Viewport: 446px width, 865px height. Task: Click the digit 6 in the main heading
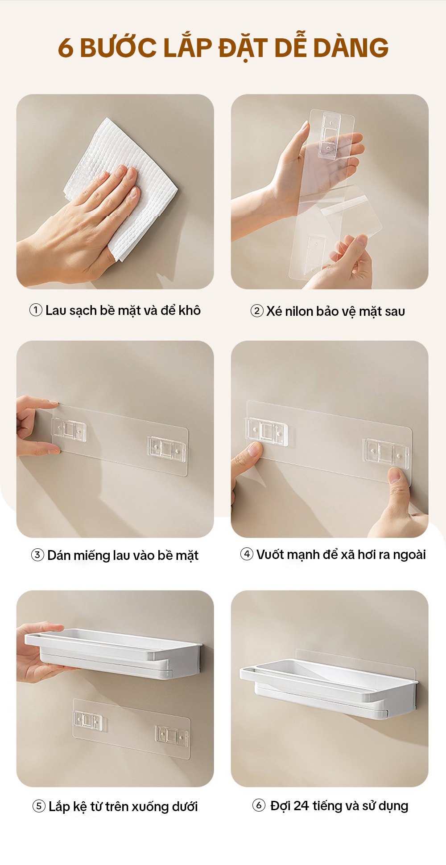click(x=66, y=48)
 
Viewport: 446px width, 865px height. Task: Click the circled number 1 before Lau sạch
click(x=36, y=310)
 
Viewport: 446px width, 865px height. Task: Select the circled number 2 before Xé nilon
click(x=257, y=311)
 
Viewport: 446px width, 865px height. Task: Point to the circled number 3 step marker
click(x=37, y=555)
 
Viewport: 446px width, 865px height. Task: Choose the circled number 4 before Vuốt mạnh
click(x=247, y=554)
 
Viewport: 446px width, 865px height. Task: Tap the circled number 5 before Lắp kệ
click(x=39, y=806)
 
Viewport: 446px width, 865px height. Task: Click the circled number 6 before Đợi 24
click(x=259, y=805)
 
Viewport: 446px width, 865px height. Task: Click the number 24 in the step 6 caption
click(x=301, y=806)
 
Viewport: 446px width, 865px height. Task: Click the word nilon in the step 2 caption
click(x=299, y=311)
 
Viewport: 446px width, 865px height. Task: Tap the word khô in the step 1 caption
click(x=190, y=310)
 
